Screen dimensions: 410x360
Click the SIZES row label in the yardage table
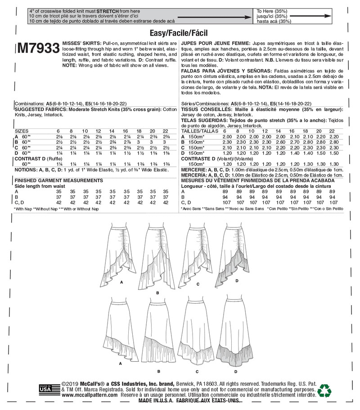pyautogui.click(x=21, y=130)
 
